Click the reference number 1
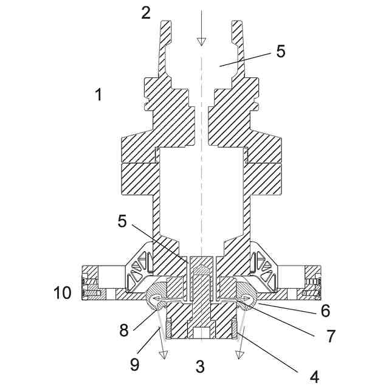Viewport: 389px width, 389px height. (x=99, y=95)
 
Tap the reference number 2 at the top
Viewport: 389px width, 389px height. (x=146, y=13)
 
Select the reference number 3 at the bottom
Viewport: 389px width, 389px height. (x=200, y=367)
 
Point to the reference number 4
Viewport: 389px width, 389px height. (x=314, y=377)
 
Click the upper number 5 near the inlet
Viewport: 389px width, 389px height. (x=281, y=52)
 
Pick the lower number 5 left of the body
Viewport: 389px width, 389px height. (x=122, y=221)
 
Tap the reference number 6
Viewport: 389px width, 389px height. (x=326, y=311)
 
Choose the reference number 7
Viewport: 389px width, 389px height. (x=331, y=336)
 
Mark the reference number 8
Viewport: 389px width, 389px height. (x=124, y=330)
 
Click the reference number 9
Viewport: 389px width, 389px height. (x=135, y=364)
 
